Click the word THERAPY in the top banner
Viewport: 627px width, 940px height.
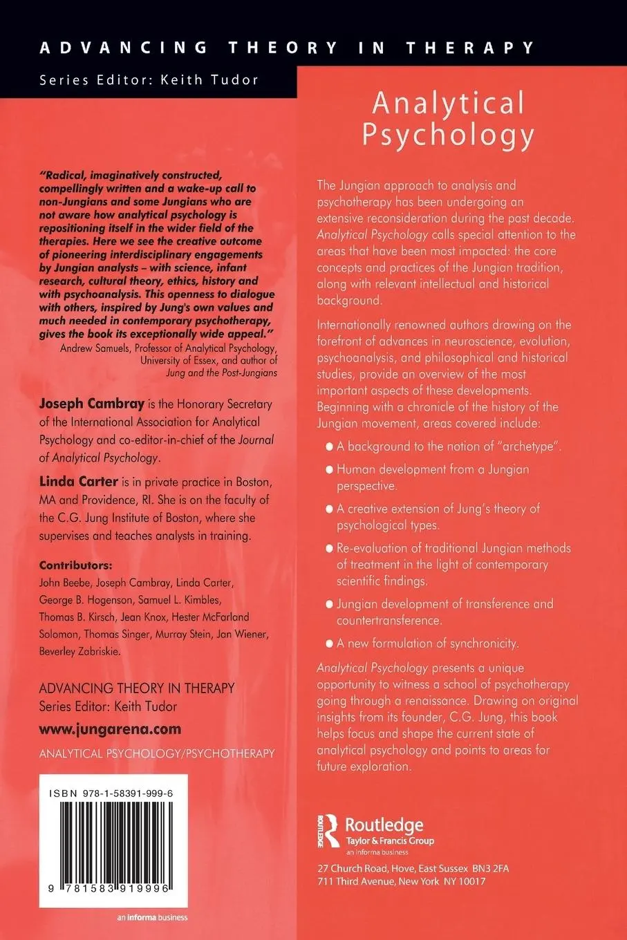[x=470, y=48]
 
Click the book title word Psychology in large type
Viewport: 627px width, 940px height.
[x=448, y=134]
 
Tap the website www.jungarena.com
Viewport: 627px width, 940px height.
[x=110, y=729]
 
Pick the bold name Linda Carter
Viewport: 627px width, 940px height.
[x=78, y=481]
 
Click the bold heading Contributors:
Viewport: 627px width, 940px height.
[x=75, y=565]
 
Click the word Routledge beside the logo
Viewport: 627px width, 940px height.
[x=384, y=825]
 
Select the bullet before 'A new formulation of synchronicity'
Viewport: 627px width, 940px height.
[x=329, y=643]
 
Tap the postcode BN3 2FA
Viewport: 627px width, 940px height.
[x=490, y=868]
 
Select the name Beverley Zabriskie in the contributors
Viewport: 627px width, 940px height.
[x=79, y=651]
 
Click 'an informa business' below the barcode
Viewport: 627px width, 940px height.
[x=152, y=917]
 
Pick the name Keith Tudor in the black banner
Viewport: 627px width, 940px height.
[x=209, y=79]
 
